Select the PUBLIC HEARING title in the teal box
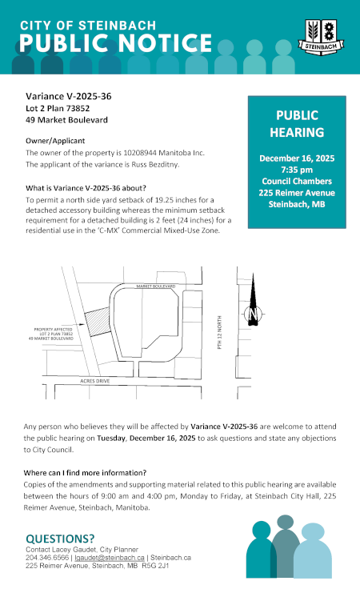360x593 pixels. coord(297,124)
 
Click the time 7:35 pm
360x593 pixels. coord(297,170)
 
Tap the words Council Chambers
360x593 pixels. coord(297,182)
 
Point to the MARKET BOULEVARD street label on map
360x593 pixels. coord(155,285)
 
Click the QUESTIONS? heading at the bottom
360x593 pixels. coord(60,539)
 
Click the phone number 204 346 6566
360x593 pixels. coord(47,557)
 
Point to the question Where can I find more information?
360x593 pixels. coord(86,472)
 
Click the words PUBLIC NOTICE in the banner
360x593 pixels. coord(116,43)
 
